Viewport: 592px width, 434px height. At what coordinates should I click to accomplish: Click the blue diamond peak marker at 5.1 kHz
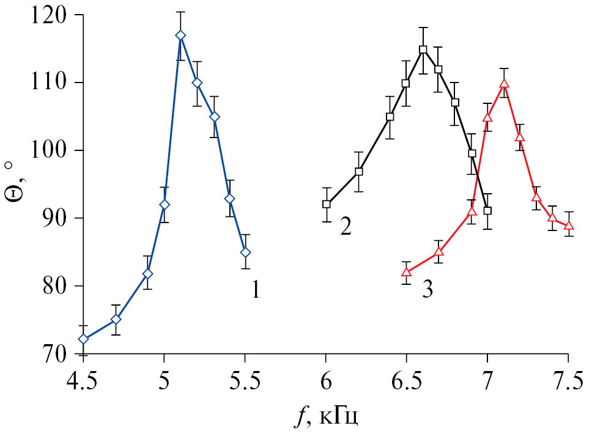(x=180, y=35)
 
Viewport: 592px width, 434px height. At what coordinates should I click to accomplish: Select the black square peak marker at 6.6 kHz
(x=423, y=50)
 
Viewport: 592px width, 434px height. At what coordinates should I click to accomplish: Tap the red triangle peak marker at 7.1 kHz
(x=504, y=84)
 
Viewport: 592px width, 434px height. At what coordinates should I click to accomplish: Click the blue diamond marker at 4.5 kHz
(x=83, y=339)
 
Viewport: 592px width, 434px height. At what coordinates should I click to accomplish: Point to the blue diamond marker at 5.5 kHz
(x=245, y=252)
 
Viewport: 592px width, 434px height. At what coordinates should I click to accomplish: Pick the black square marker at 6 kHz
(x=327, y=204)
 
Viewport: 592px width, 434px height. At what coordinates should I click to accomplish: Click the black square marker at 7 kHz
(x=487, y=211)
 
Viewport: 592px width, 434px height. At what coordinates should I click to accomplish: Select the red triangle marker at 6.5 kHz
(x=407, y=272)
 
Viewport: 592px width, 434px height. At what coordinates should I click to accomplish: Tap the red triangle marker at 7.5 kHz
(x=568, y=226)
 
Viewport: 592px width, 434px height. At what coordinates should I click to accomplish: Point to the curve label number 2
(x=346, y=227)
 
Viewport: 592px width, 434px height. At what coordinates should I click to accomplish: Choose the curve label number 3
(x=427, y=289)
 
